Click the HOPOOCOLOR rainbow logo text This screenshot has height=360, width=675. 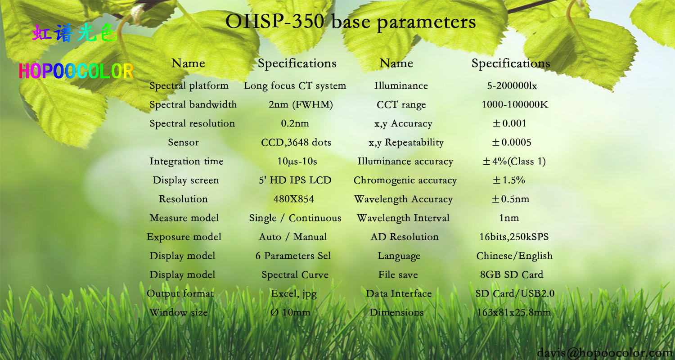point(76,71)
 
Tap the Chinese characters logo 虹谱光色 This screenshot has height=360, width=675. point(74,32)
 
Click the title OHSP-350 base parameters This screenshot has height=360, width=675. point(351,22)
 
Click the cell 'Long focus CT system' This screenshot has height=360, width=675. point(295,86)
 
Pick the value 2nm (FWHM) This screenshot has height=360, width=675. point(301,104)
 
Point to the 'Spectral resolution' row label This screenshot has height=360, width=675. point(192,123)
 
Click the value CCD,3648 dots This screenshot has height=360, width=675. point(296,142)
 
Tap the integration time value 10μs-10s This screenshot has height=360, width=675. point(297,162)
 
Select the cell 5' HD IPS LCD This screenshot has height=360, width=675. point(295,180)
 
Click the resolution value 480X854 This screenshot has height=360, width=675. point(293,199)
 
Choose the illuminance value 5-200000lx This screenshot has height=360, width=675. point(512,86)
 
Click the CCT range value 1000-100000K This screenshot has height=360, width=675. point(515,104)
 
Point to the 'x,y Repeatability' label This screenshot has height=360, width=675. point(406,143)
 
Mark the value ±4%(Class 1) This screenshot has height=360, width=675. point(514,162)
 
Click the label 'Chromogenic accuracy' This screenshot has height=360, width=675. point(405,180)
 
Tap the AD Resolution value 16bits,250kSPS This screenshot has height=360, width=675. point(514,237)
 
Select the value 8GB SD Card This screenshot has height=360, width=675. point(511,274)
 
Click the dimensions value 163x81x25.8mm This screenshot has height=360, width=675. point(513,312)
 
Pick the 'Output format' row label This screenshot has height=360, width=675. point(180,294)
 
